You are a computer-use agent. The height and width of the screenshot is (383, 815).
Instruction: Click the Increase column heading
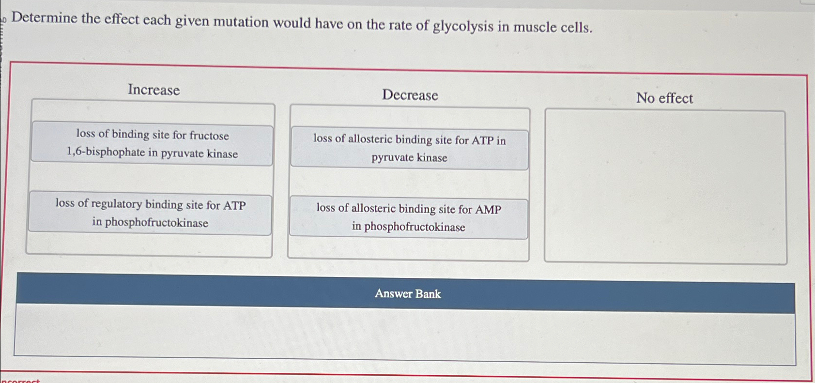(154, 90)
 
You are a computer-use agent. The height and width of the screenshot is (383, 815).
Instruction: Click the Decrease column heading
(410, 95)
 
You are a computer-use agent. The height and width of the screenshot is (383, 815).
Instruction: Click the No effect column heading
(664, 98)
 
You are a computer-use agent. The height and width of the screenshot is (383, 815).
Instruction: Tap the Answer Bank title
(408, 294)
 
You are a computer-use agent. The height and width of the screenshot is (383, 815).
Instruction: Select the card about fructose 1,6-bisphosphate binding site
(152, 144)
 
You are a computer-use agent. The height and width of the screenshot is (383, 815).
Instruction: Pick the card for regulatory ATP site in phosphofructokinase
(150, 214)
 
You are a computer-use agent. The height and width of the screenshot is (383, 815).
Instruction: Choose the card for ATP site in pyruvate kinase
(409, 149)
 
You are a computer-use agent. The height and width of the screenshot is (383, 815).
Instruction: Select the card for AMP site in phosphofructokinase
(408, 218)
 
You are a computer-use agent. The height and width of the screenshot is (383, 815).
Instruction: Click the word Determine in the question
(45, 18)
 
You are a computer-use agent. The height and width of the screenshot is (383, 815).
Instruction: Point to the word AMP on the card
(488, 210)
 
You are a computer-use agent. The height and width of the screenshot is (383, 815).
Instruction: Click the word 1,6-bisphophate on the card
(106, 152)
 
